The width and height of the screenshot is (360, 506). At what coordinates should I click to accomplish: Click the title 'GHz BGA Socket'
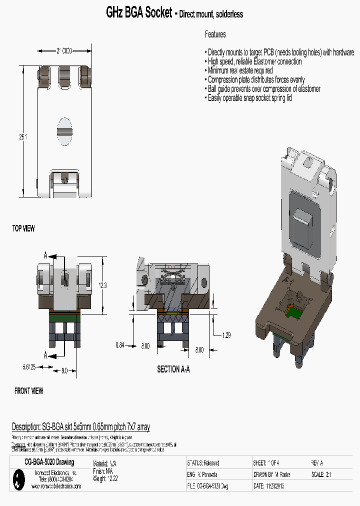139,13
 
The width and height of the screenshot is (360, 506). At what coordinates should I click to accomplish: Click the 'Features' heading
215,34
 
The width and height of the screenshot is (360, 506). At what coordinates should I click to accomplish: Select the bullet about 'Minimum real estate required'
239,70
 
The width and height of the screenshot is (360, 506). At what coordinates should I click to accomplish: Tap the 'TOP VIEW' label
23,228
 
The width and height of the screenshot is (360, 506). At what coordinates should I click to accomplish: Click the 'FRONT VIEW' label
28,391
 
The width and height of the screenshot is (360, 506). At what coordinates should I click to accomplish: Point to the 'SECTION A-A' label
173,369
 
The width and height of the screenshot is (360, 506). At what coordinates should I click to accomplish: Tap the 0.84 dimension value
120,344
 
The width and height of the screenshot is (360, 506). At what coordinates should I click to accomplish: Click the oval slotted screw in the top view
65,131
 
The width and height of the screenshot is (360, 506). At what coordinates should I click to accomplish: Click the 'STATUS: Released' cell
203,463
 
